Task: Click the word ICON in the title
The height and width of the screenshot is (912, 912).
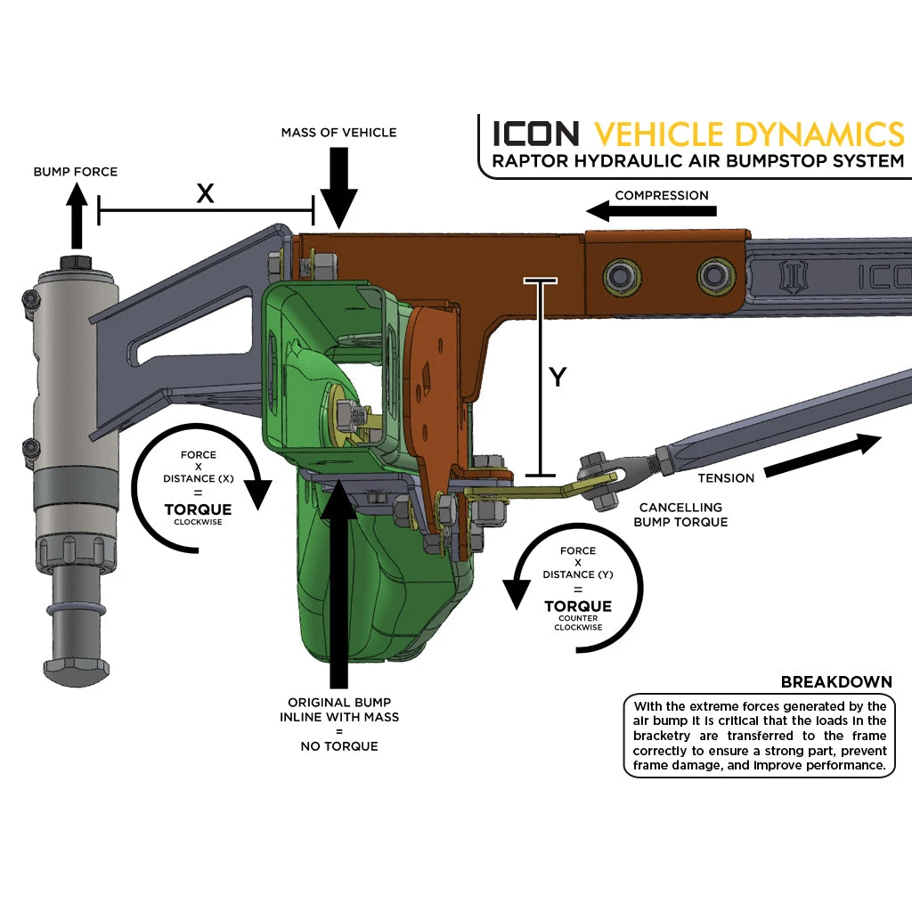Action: pos(536,134)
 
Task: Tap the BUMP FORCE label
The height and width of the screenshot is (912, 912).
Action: pos(76,171)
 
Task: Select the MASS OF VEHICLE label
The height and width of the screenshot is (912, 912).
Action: pos(338,133)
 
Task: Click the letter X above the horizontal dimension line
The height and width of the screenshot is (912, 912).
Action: pos(205,193)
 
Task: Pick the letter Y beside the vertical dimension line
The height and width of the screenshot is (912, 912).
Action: pos(558,378)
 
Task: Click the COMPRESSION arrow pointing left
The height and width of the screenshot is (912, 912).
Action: pos(650,211)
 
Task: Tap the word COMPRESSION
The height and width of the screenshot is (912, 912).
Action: pos(662,195)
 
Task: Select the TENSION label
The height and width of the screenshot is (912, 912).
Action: pos(726,478)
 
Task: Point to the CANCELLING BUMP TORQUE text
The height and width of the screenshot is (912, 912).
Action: pos(680,514)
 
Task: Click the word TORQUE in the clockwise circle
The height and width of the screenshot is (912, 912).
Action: pos(198,509)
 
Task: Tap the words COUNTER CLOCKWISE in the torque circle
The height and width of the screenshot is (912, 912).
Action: pos(578,623)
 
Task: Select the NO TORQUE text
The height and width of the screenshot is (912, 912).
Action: pos(339,746)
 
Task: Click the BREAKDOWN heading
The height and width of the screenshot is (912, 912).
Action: pos(836,682)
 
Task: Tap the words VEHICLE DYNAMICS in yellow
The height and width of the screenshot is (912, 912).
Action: pos(749,134)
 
